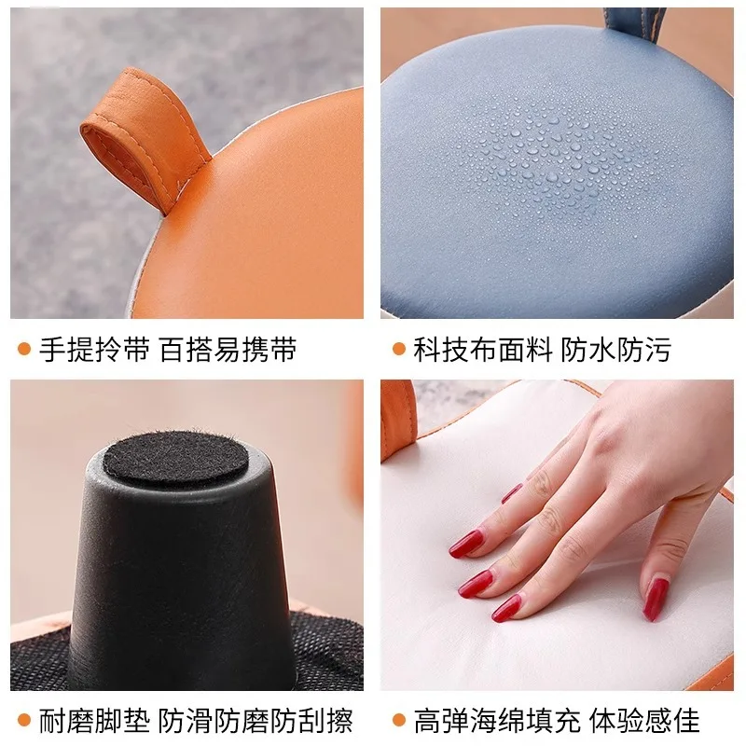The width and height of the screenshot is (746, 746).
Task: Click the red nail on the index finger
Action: point(466,544)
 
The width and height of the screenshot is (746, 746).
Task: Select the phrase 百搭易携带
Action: point(228,350)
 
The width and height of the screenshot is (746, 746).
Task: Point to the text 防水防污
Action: point(615,350)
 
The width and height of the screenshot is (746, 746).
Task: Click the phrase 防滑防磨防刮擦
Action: point(256,720)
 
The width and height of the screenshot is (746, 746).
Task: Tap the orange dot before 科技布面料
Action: point(398,350)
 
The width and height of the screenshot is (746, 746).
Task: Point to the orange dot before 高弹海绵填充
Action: point(398,720)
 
